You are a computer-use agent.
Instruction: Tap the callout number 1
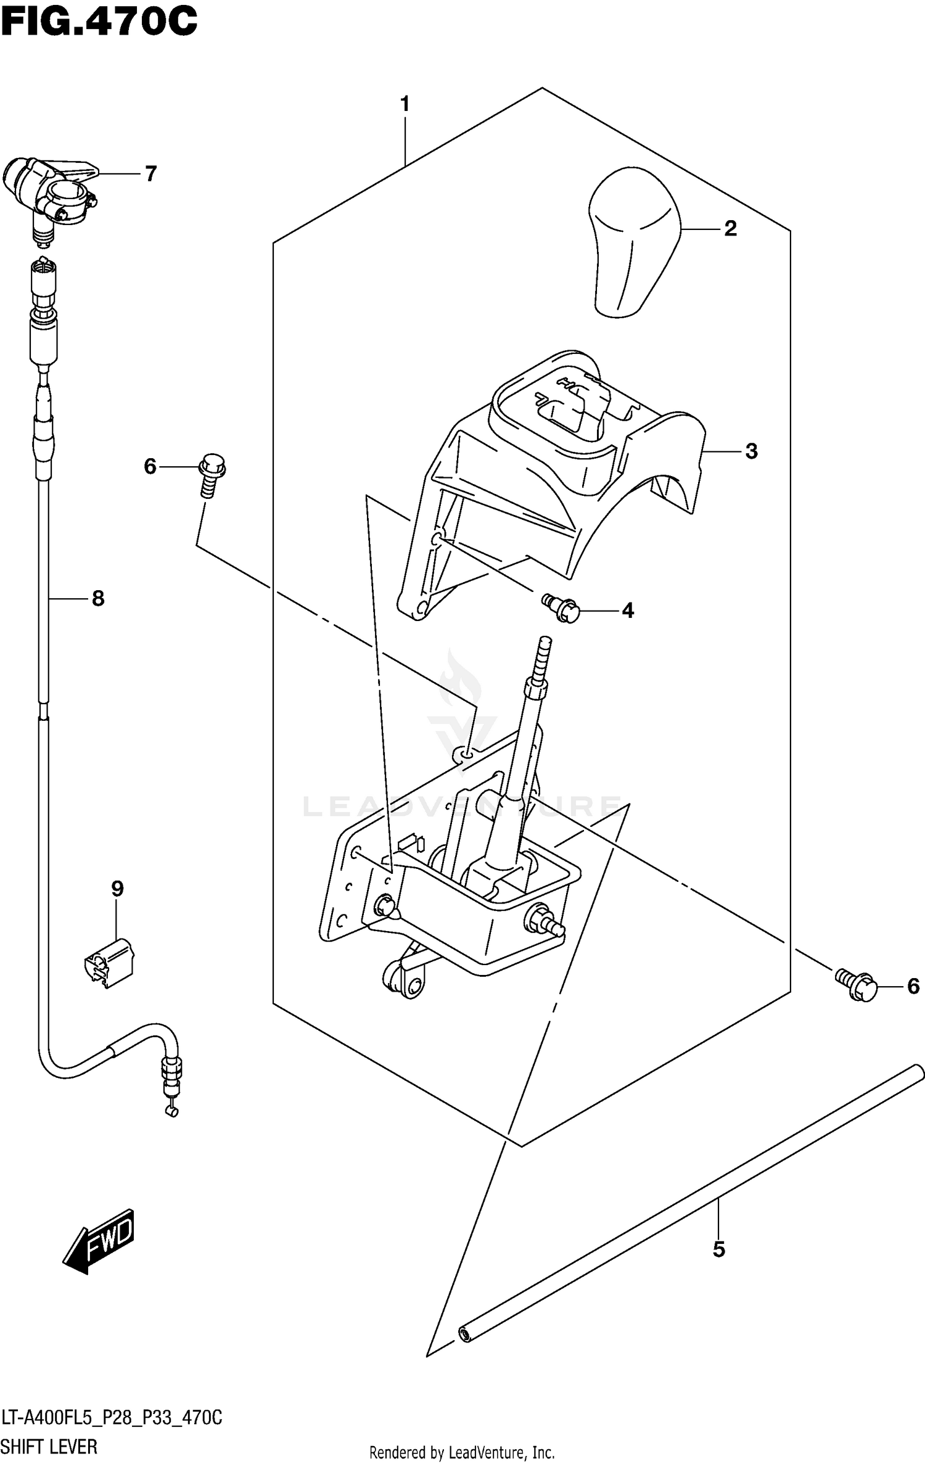click(x=405, y=104)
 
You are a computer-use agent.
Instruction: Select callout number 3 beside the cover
click(x=750, y=451)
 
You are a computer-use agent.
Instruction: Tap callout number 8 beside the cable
click(x=97, y=598)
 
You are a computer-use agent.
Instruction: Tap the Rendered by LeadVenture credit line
click(x=462, y=1452)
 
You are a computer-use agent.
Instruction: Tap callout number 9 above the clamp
click(x=117, y=889)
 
